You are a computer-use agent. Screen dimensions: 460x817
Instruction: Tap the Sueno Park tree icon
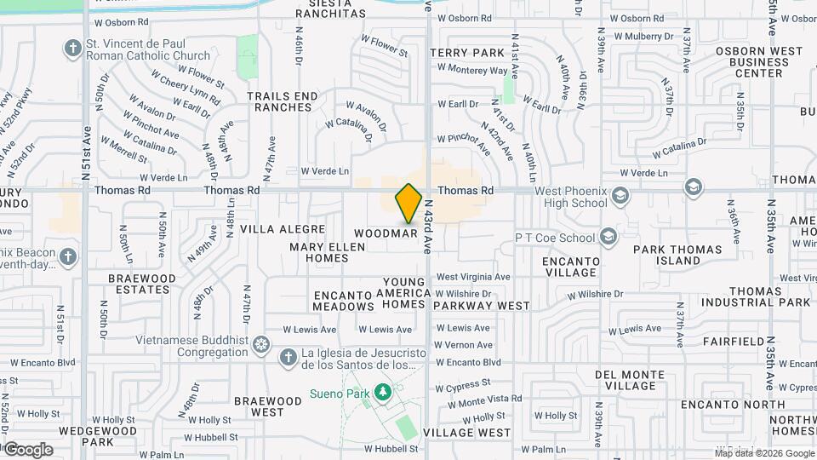(384, 391)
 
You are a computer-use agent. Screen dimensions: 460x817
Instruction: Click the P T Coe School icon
(608, 236)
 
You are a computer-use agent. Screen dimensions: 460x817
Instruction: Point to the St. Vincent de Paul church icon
(73, 47)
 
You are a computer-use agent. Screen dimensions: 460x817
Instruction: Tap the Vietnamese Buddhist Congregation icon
(261, 344)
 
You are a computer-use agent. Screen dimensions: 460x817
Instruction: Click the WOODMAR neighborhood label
(385, 233)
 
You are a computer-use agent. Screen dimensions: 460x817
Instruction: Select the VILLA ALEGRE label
(283, 229)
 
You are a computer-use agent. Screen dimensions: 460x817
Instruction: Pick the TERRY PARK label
(467, 53)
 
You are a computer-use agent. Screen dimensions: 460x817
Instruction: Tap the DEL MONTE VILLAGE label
(630, 380)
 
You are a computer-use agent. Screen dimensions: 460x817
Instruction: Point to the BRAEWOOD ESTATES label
(142, 284)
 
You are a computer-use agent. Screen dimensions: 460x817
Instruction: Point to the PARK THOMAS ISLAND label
(677, 256)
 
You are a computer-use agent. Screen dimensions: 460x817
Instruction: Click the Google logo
(27, 450)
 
